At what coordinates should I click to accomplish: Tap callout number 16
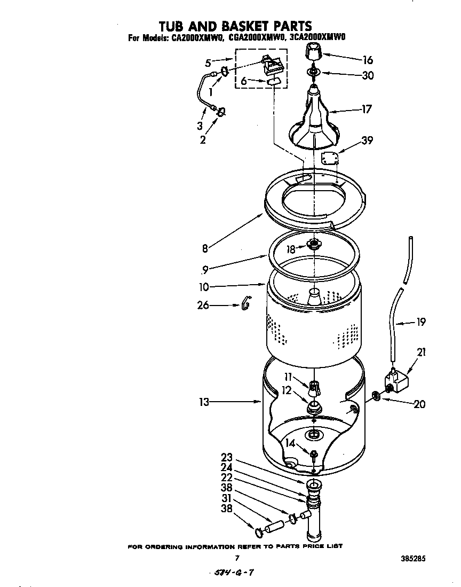367,60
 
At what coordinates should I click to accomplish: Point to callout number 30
368,75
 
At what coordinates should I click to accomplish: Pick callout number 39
367,140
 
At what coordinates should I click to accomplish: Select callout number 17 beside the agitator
367,109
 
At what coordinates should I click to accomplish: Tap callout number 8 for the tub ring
204,247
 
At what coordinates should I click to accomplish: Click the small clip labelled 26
246,303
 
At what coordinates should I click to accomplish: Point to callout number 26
203,306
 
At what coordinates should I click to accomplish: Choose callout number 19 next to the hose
420,322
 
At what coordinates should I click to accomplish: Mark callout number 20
419,404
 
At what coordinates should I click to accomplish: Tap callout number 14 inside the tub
289,442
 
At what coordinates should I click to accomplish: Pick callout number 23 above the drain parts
227,457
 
